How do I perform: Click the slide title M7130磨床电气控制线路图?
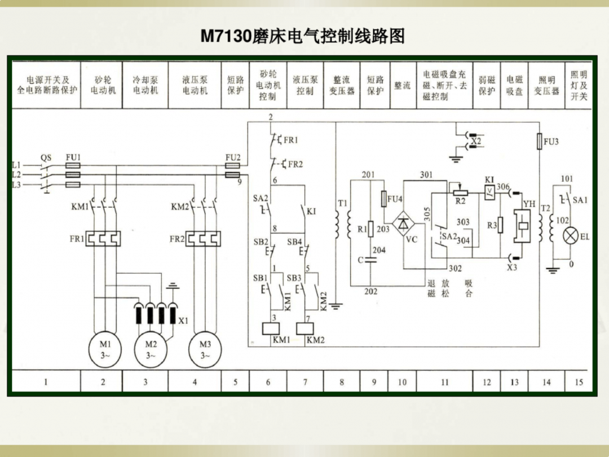(x=303, y=37)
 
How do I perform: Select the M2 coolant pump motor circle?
(x=151, y=350)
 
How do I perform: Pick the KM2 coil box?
(x=307, y=328)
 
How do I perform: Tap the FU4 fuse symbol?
(x=385, y=199)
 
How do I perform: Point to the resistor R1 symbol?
(x=370, y=228)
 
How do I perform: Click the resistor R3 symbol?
(x=501, y=225)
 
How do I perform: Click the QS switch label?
(x=46, y=157)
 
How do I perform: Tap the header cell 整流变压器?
(x=342, y=85)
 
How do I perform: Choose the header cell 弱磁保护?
(x=487, y=85)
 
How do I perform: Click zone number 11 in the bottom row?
(x=445, y=382)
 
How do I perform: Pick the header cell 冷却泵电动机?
(x=145, y=85)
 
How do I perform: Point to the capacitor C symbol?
(x=370, y=261)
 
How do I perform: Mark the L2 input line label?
(x=17, y=175)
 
